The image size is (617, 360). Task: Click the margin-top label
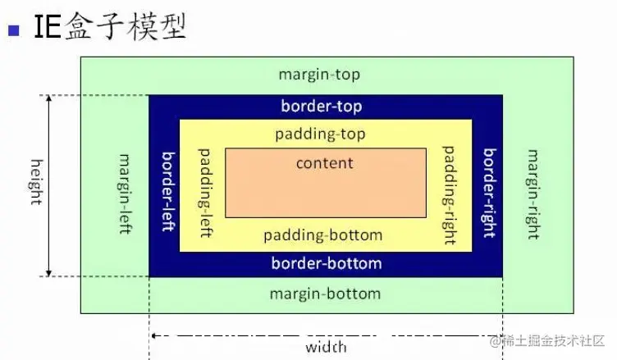[319, 75]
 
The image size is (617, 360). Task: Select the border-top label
[321, 106]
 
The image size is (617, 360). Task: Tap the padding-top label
[321, 134]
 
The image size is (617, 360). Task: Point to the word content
[324, 162]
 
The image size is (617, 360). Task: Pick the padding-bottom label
[322, 235]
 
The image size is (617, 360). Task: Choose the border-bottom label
[326, 263]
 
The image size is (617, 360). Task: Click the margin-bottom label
[325, 294]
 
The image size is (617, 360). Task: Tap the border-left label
[167, 190]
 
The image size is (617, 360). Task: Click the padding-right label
[449, 195]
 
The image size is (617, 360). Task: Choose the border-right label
[488, 193]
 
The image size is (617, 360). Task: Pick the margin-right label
[532, 194]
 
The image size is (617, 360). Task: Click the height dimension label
[35, 182]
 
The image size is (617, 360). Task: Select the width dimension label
[326, 347]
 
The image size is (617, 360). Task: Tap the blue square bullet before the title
[13, 31]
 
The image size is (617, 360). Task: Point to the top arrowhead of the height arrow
[49, 99]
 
